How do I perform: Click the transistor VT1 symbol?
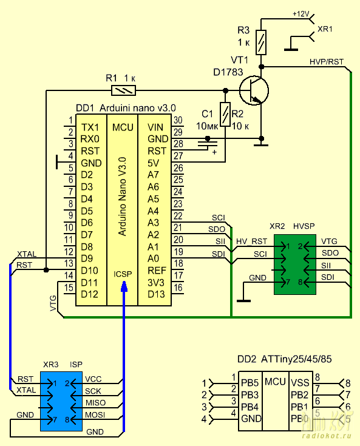pos(254,90)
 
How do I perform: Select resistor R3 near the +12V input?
pos(261,42)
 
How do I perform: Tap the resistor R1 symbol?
pos(123,91)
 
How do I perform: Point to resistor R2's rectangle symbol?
pos(225,114)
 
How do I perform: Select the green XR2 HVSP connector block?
pos(295,264)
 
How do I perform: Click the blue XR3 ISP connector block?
pos(61,401)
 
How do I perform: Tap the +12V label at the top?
pos(301,13)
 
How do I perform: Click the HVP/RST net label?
pos(327,62)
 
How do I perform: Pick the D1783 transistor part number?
pos(228,72)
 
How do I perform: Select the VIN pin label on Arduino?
pos(155,127)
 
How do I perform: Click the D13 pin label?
pos(156,294)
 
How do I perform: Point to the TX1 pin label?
pos(90,127)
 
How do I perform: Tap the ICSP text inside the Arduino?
pos(123,274)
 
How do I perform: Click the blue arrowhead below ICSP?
pos(124,286)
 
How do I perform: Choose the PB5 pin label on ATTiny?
pos(250,383)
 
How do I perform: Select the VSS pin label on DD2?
pos(300,383)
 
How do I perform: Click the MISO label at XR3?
pos(96,403)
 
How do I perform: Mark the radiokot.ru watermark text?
pos(327,436)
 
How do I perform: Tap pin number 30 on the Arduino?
pos(178,120)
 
